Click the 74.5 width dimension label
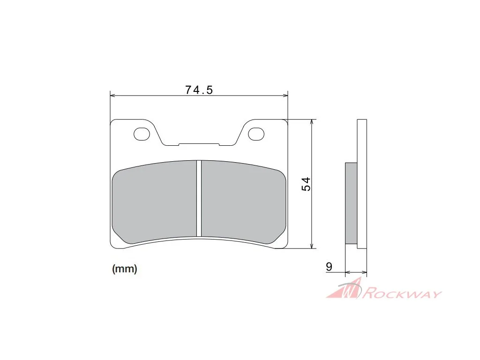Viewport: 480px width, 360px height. click(x=199, y=90)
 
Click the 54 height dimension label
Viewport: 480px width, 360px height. click(x=306, y=184)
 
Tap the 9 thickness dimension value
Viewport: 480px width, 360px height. click(x=329, y=267)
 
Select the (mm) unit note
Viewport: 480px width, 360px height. click(x=125, y=269)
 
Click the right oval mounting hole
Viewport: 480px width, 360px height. click(x=256, y=134)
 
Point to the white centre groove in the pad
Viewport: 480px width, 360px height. click(x=199, y=198)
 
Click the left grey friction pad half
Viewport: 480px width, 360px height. click(x=155, y=202)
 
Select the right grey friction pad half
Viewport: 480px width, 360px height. click(x=243, y=202)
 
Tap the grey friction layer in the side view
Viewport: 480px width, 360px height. click(x=351, y=203)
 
